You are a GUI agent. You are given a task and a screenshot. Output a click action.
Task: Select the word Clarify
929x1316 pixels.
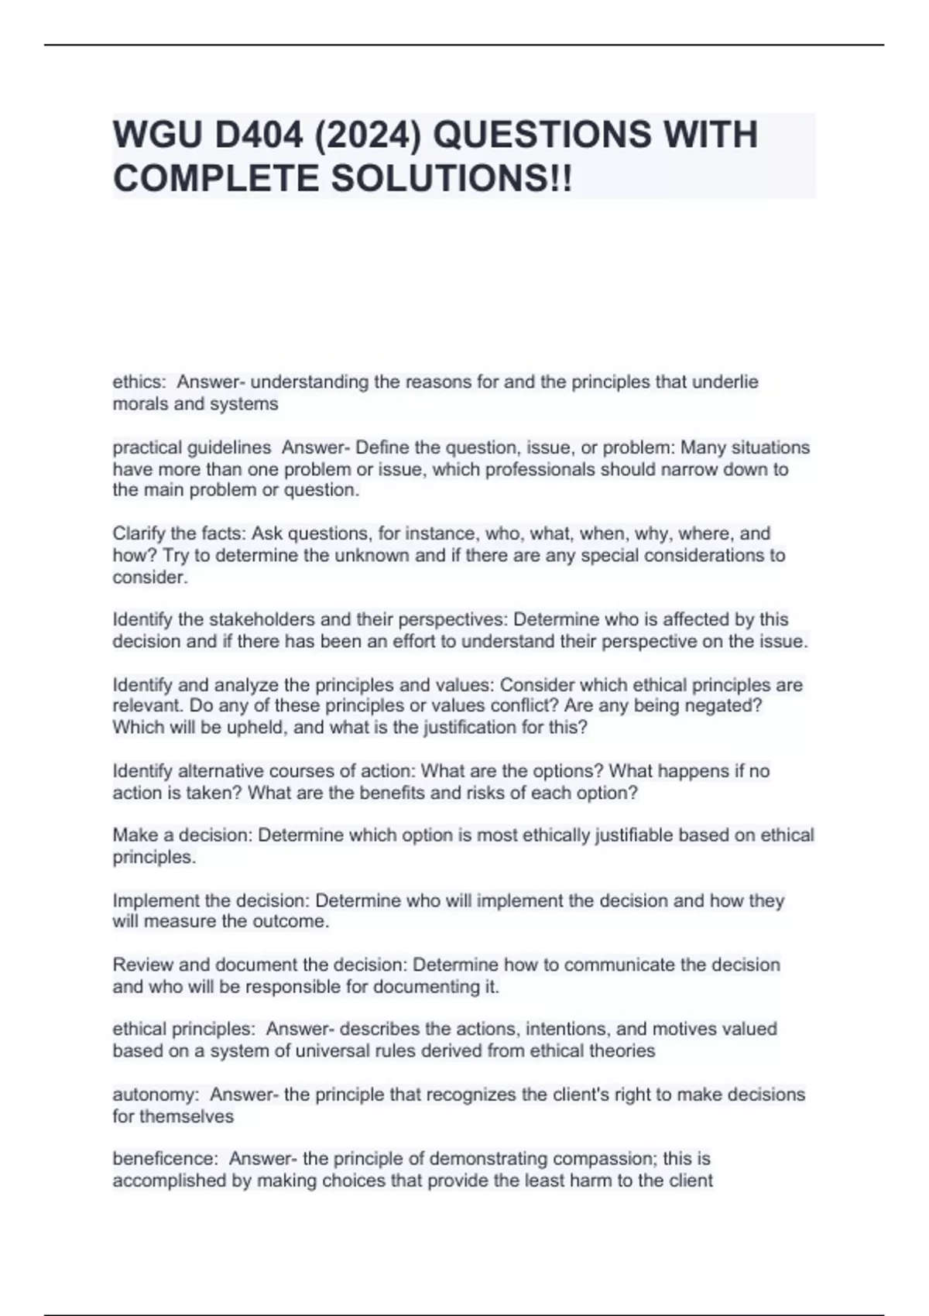tap(136, 533)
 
